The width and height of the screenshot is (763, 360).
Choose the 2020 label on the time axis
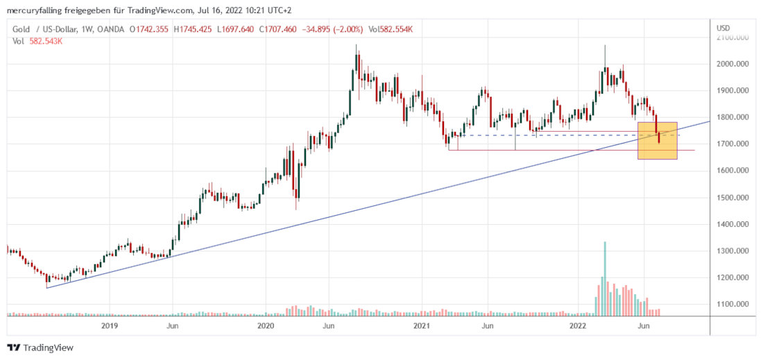(266, 325)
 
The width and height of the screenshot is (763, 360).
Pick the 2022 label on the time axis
(580, 325)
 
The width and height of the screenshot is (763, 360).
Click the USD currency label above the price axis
(724, 28)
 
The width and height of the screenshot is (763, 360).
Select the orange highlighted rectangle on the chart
(657, 140)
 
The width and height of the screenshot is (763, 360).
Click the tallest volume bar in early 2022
(605, 277)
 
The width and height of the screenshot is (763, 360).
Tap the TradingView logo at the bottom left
(40, 348)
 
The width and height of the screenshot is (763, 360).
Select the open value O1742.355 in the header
(151, 29)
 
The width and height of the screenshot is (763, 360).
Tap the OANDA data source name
(110, 29)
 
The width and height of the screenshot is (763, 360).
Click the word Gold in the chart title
(21, 29)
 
